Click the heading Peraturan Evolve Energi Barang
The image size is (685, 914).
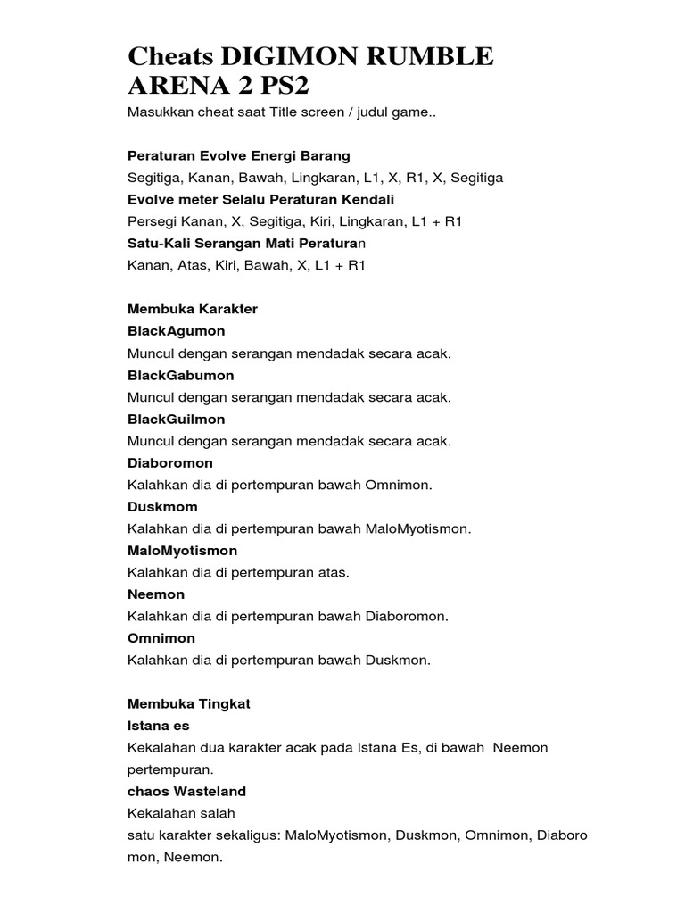point(239,155)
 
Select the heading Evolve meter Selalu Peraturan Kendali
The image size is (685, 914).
point(260,199)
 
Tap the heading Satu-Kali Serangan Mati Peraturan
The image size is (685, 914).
point(247,243)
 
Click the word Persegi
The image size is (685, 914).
point(153,221)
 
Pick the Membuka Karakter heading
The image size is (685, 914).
point(193,309)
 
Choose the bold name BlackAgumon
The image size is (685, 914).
point(177,331)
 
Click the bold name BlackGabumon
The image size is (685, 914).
point(182,375)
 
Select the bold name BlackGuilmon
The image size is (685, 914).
point(177,419)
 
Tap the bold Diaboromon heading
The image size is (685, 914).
point(170,463)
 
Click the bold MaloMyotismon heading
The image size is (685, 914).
point(183,551)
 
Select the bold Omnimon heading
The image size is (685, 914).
point(161,638)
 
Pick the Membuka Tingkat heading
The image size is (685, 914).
point(189,703)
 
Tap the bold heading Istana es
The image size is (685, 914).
point(159,726)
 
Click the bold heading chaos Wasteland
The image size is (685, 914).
point(187,791)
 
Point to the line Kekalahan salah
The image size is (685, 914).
point(181,813)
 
